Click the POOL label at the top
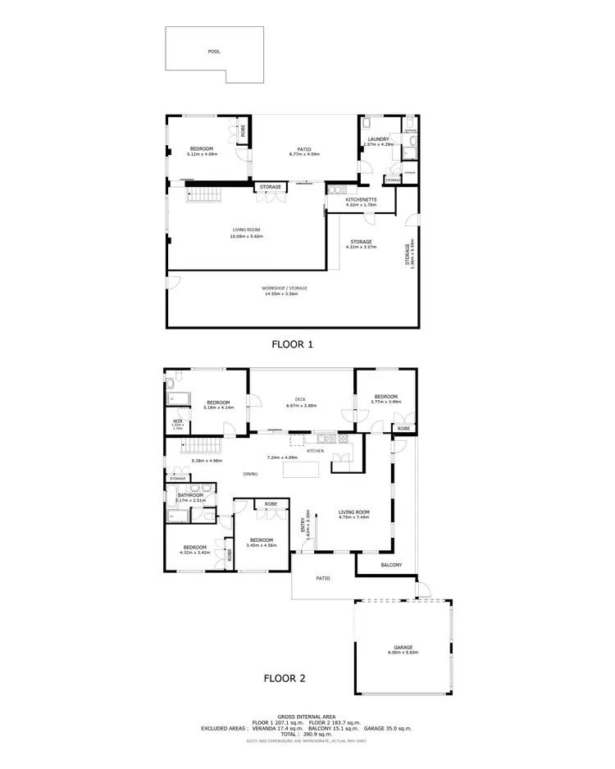[x=214, y=51]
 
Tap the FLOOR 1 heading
[x=293, y=344]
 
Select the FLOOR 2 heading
[x=285, y=678]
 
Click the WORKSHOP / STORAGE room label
[x=285, y=289]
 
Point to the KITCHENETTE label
[x=361, y=199]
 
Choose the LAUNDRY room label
[x=378, y=139]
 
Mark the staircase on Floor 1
[x=205, y=195]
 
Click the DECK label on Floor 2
[x=302, y=400]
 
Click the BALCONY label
[x=391, y=566]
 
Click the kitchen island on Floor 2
[x=302, y=470]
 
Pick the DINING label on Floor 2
[x=250, y=474]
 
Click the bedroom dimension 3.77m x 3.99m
[x=385, y=402]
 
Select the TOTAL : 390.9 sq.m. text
[x=307, y=734]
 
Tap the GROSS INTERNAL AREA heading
[x=307, y=716]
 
